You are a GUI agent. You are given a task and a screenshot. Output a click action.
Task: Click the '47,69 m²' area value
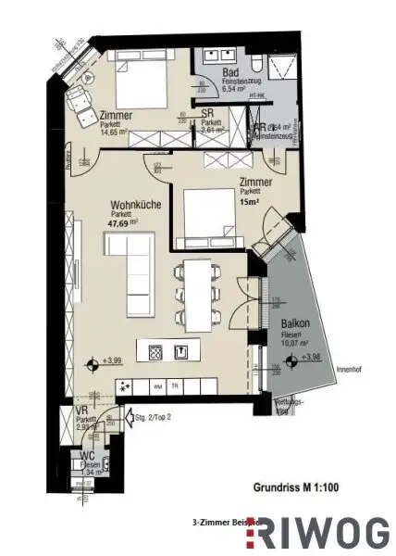pyautogui.click(x=120, y=222)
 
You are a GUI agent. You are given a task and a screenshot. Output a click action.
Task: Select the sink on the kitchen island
pyautogui.click(x=182, y=351)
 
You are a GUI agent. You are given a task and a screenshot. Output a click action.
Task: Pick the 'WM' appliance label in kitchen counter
pyautogui.click(x=157, y=386)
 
